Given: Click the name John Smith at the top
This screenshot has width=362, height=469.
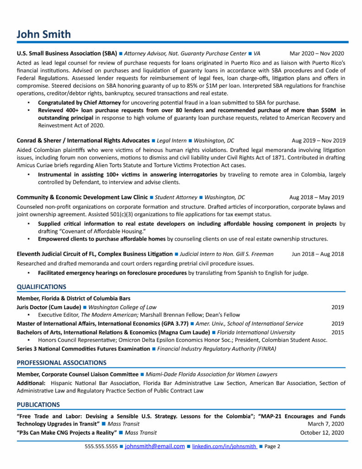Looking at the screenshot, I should (x=44, y=34).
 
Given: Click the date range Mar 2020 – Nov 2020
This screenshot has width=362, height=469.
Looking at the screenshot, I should (x=317, y=54).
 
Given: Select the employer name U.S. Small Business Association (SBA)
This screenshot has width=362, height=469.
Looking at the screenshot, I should (x=67, y=54).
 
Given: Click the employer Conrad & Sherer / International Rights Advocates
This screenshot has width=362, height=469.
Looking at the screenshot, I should (x=83, y=141).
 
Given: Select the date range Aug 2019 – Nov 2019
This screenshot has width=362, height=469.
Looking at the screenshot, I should (x=319, y=141).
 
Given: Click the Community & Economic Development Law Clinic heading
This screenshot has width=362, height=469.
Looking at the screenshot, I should (x=82, y=197).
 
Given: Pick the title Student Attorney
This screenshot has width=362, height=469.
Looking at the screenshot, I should (x=176, y=197).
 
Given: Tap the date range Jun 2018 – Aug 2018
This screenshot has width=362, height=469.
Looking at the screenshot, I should (x=318, y=254).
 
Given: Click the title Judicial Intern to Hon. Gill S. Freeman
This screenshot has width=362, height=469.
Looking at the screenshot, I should (x=227, y=254).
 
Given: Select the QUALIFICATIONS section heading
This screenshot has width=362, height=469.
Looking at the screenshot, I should (x=41, y=287).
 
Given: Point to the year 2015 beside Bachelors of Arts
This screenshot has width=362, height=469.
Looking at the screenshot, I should (x=338, y=332).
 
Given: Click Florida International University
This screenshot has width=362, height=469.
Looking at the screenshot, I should (x=256, y=332).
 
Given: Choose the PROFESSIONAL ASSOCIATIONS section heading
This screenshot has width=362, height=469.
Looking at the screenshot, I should (x=61, y=363).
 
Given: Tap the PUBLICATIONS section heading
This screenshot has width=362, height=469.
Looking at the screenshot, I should (x=38, y=404).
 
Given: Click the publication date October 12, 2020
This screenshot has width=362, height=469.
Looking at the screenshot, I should (x=322, y=432).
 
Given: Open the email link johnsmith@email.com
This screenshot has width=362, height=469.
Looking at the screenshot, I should (x=155, y=446).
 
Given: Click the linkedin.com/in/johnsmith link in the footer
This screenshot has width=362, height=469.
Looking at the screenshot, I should (x=224, y=446).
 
